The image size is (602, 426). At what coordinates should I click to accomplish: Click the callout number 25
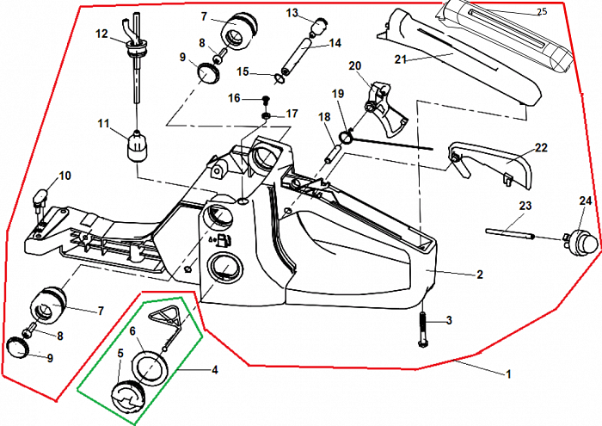542,11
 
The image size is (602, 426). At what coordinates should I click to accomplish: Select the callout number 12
101,34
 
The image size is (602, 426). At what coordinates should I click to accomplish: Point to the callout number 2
479,275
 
